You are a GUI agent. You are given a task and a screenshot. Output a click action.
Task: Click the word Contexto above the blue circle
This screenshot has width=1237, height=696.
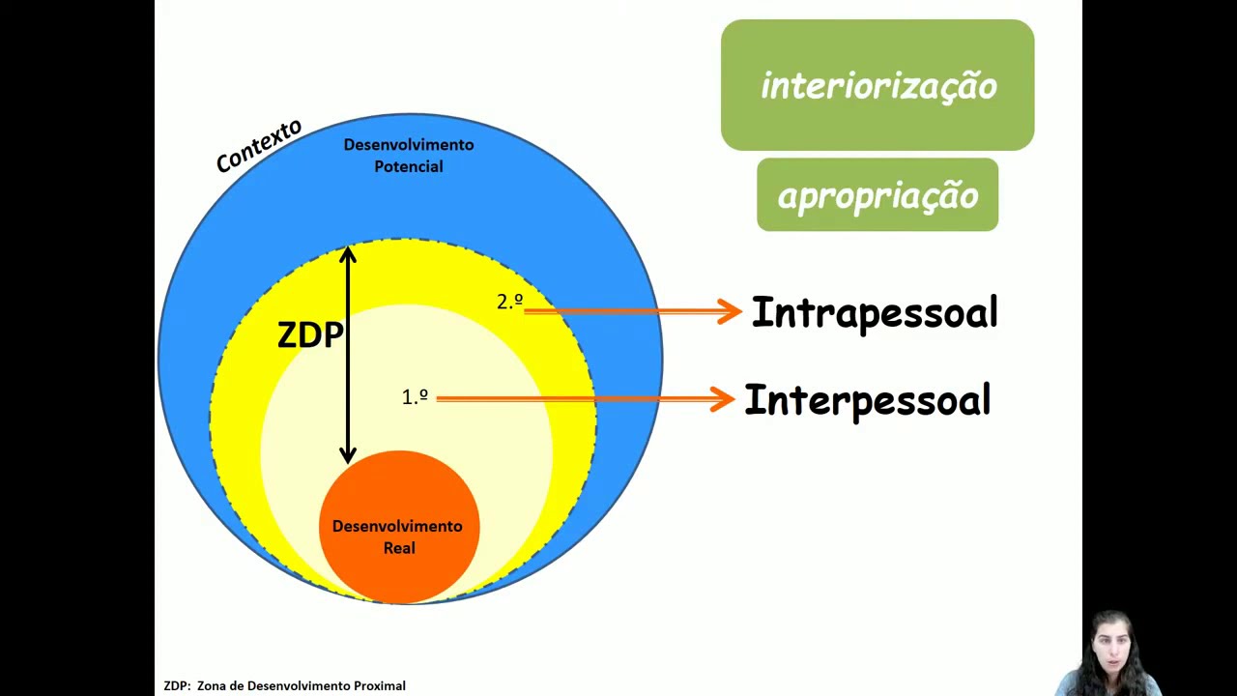pyautogui.click(x=258, y=146)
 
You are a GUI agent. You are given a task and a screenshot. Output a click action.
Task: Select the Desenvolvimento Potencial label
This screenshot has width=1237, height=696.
pyautogui.click(x=408, y=155)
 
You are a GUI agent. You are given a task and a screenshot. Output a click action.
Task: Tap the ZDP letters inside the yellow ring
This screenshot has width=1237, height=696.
pyautogui.click(x=309, y=334)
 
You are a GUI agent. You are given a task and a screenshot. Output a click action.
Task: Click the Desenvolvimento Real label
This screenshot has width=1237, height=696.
pyautogui.click(x=397, y=536)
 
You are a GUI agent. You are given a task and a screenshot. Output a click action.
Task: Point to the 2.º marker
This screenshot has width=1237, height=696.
pyautogui.click(x=509, y=302)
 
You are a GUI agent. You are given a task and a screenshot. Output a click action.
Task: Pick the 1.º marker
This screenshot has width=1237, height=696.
pyautogui.click(x=415, y=396)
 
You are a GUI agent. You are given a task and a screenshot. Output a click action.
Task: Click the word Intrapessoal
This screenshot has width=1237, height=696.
pyautogui.click(x=874, y=312)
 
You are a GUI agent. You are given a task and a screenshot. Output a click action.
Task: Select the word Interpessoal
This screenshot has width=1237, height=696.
pyautogui.click(x=867, y=400)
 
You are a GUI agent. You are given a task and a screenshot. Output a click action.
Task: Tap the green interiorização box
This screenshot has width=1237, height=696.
pyautogui.click(x=877, y=85)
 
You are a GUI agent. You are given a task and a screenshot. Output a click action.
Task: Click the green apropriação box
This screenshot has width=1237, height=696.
pyautogui.click(x=877, y=195)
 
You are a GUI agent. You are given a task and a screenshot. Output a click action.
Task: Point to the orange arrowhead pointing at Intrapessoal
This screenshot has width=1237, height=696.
pyautogui.click(x=730, y=311)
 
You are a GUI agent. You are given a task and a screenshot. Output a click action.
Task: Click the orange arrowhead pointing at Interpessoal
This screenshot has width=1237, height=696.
pyautogui.click(x=722, y=398)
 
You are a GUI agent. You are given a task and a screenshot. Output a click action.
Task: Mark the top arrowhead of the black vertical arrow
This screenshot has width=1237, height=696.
pyautogui.click(x=348, y=255)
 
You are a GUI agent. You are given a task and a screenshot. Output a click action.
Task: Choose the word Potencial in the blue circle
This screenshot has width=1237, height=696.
pyautogui.click(x=408, y=166)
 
